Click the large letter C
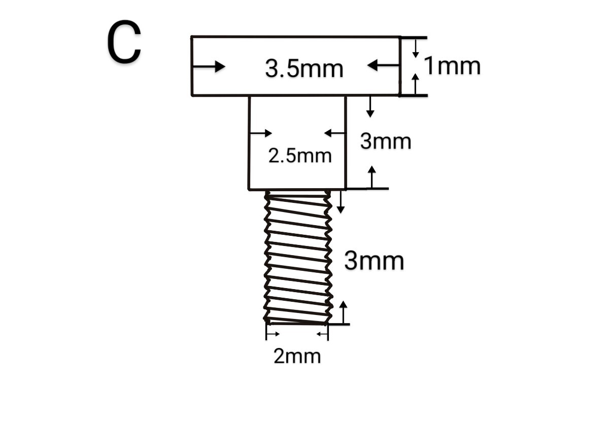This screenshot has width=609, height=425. tap(124, 42)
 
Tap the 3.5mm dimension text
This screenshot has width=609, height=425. tap(304, 68)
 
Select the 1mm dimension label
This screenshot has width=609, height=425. tap(452, 65)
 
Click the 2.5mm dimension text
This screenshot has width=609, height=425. tap(300, 156)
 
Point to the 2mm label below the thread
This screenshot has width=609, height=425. tap(297, 356)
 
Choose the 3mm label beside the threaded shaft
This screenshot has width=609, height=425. tap(374, 261)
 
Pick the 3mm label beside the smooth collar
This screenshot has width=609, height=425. tap(386, 141)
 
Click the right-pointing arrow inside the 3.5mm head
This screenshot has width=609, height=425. tap(209, 66)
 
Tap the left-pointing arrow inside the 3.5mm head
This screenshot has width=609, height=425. tap(383, 65)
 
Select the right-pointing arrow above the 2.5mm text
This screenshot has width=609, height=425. tap(261, 133)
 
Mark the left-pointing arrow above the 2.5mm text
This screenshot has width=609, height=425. tap(334, 133)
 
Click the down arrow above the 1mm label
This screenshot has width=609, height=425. tap(416, 49)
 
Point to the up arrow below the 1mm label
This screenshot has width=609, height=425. tap(415, 84)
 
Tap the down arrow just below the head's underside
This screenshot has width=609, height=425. tap(370, 107)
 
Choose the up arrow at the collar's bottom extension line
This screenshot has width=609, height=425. tap(371, 176)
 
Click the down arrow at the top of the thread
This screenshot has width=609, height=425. tap(341, 202)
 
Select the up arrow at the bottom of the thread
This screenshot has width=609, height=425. tap(344, 312)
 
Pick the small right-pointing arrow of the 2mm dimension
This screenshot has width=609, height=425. tap(273, 334)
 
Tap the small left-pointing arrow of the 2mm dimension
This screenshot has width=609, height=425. tap(322, 334)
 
